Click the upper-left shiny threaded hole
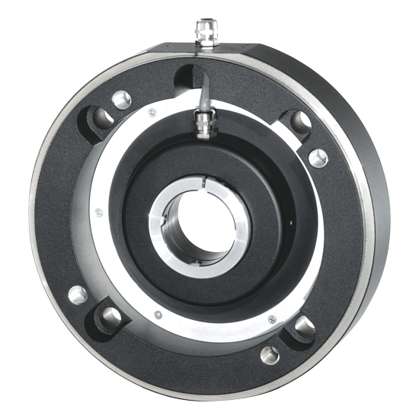[120, 99]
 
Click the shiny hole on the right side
[318, 157]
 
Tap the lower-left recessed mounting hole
[110, 317]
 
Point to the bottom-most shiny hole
[269, 354]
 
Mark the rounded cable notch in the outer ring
[188, 74]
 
